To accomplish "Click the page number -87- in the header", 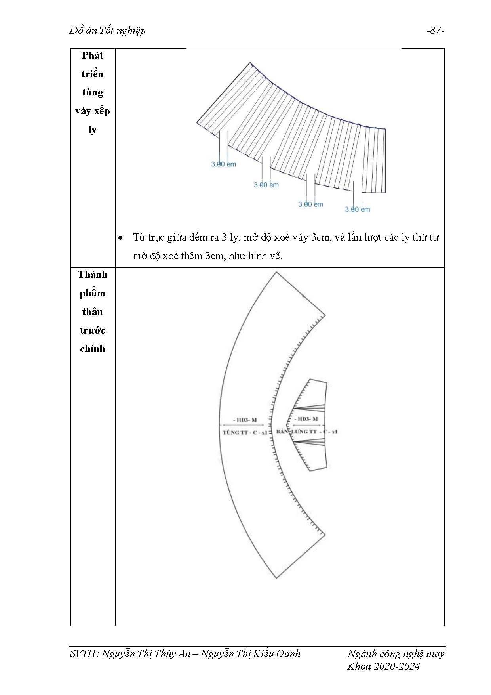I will point(435,31).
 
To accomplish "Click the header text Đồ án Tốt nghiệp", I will point(107,31).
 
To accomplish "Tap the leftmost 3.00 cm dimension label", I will point(223,164).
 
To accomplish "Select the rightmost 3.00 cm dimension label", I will point(357,209).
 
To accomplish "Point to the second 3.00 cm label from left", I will point(266,185).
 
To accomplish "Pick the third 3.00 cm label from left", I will point(310,204).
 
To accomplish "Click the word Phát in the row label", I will point(92,55).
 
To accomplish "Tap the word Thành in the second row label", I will point(92,275).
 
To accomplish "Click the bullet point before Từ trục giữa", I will point(120,238).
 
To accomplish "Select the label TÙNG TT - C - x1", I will point(245,432).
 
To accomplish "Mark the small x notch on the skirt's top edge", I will point(304,296).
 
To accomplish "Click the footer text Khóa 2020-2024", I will point(383,666).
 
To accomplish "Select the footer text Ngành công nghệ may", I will point(396,654).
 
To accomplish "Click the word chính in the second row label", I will point(92,349).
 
